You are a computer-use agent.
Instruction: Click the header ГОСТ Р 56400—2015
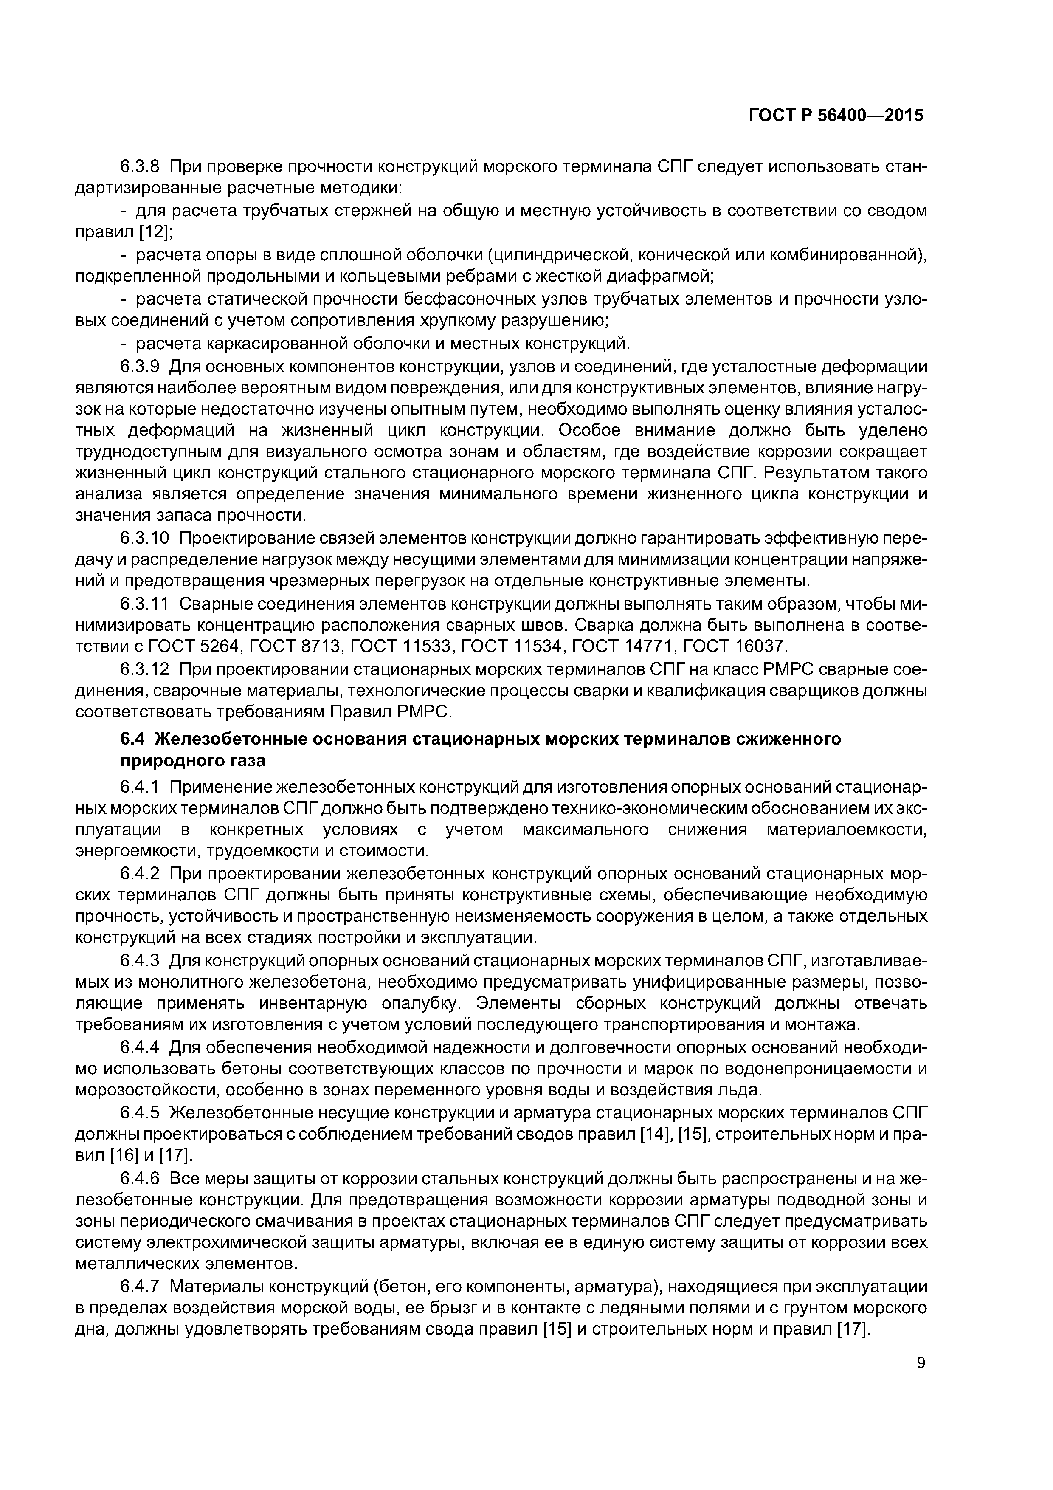tap(836, 116)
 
